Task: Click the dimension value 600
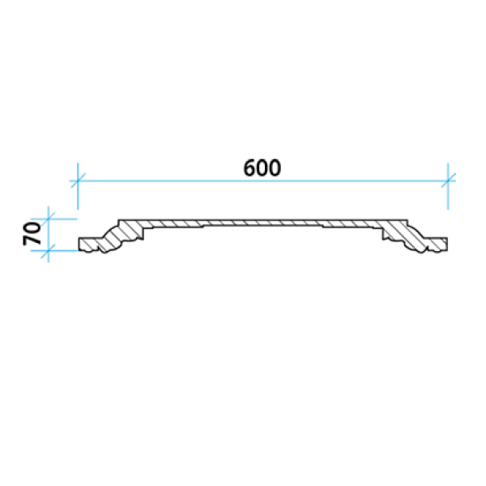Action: [262, 168]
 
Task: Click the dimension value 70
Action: [32, 234]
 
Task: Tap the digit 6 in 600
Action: [249, 168]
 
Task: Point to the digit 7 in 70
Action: [32, 240]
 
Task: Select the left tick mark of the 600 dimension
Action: [78, 181]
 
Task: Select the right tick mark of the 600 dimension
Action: [448, 181]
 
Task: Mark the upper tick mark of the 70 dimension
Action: [49, 220]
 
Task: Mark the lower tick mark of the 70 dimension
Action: [49, 251]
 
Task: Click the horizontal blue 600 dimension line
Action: [262, 181]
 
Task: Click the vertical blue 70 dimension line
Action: [49, 234]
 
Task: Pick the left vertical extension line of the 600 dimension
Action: [78, 186]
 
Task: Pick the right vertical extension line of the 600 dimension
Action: [448, 186]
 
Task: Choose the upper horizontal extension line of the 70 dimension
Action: [54, 220]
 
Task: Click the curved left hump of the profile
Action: [115, 238]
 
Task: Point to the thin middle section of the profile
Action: [262, 223]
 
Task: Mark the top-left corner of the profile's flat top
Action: [118, 220]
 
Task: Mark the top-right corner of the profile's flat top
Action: [407, 220]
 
